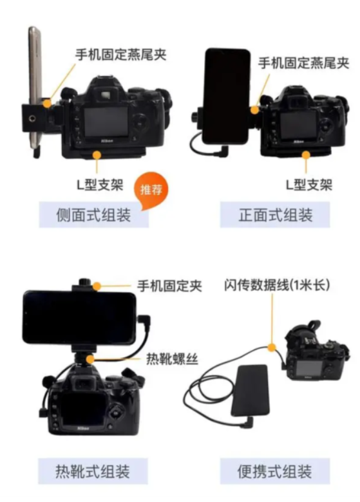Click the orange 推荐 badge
pos(151,190)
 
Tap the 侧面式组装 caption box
pos(93,214)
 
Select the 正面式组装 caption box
pos(275,214)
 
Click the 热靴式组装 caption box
pos(93,471)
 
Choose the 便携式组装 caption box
pos(275,471)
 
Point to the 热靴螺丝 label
pos(172,358)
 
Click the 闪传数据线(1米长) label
pos(277,284)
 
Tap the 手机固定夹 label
pos(169,286)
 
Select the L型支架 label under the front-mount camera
pos(308,185)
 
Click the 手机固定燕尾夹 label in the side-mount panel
pos(120,55)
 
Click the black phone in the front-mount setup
pos(227,96)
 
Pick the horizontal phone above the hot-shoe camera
pos(79,317)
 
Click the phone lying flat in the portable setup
pos(251,391)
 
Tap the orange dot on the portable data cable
pos(272,348)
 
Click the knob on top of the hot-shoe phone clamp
pos(85,282)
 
